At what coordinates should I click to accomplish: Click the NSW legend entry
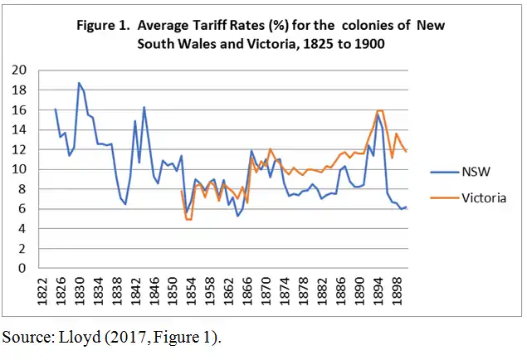(479, 173)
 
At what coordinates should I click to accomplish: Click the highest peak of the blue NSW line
(79, 83)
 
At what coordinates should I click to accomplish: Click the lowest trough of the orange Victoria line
(188, 219)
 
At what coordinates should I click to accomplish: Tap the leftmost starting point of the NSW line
(56, 109)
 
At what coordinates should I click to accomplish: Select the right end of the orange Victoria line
(406, 152)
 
